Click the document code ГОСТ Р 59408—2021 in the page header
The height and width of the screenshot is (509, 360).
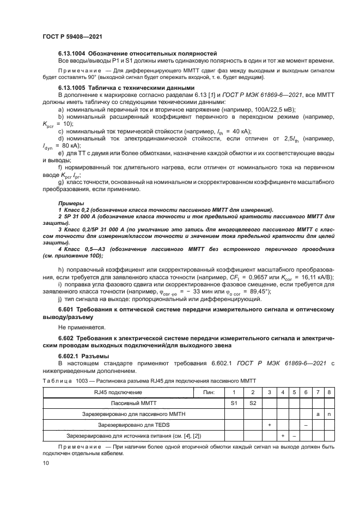(x=72, y=35)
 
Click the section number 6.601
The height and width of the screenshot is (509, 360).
(x=66, y=309)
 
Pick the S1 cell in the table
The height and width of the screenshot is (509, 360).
(x=235, y=403)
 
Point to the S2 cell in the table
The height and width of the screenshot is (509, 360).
(x=252, y=403)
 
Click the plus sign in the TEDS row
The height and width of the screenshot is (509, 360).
(x=270, y=425)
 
